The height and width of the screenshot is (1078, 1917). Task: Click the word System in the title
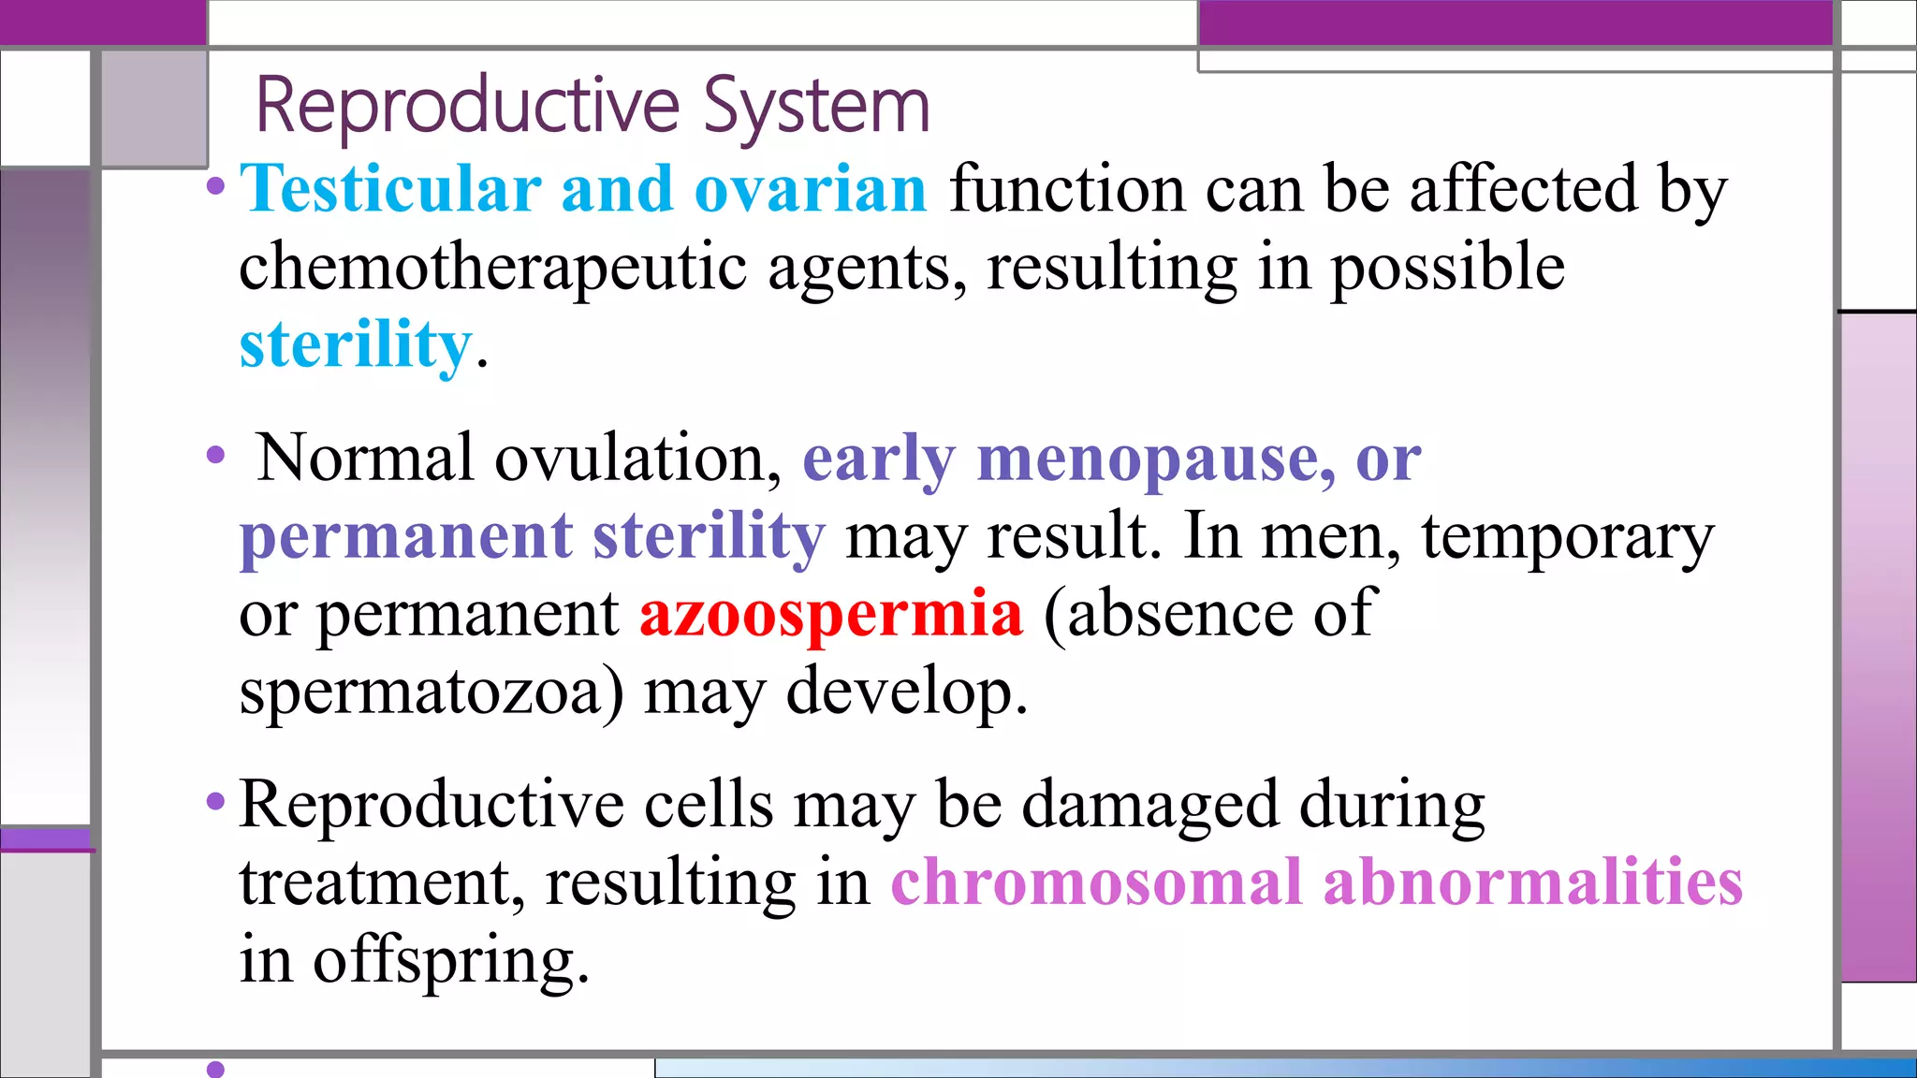(x=816, y=106)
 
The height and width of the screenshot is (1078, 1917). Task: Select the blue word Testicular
(x=390, y=189)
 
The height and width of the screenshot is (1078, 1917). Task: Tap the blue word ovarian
(x=811, y=189)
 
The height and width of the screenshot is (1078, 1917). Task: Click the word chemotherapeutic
(x=492, y=268)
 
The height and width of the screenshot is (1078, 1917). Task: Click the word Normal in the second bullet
(x=365, y=459)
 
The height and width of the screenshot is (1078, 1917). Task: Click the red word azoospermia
(x=831, y=614)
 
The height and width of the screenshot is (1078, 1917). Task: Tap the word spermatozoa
(x=431, y=692)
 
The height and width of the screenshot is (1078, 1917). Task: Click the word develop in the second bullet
(x=906, y=692)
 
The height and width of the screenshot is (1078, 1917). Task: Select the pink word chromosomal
(x=1096, y=881)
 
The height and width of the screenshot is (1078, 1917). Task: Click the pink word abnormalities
(x=1532, y=881)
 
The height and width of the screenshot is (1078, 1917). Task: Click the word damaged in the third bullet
(x=1149, y=805)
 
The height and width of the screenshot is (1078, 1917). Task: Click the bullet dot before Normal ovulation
(x=216, y=457)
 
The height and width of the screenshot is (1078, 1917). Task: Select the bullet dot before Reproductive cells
(x=216, y=802)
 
